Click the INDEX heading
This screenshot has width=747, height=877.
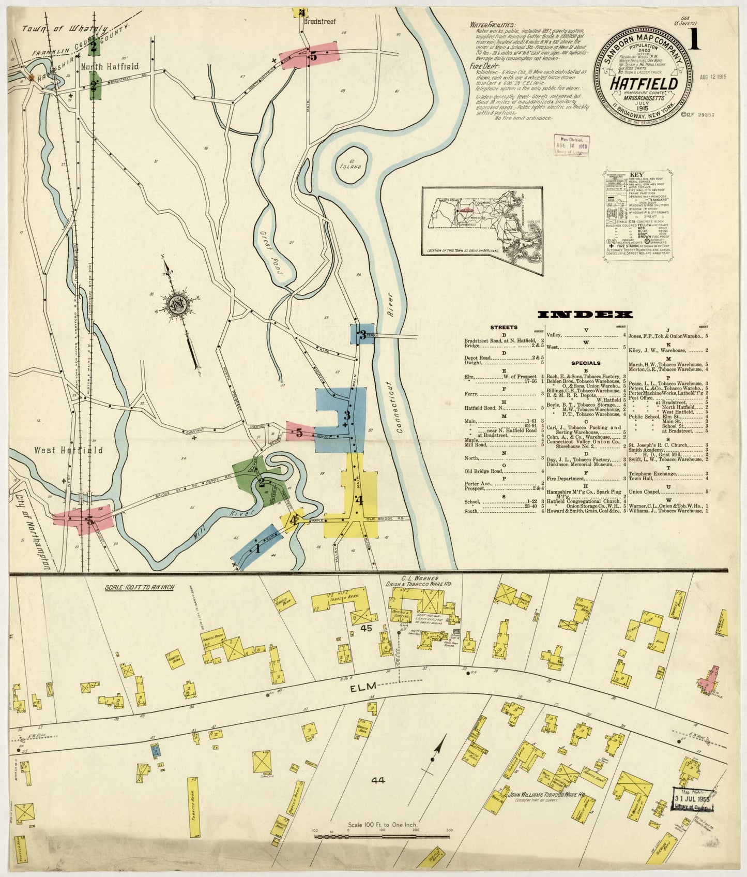coord(585,315)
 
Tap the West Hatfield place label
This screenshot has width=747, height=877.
coord(68,450)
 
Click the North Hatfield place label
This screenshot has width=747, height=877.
coord(110,66)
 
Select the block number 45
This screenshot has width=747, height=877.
coord(368,628)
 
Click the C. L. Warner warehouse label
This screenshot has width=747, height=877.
coord(420,581)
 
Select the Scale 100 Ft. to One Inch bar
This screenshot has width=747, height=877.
coord(382,835)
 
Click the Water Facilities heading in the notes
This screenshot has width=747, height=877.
coord(492,25)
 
